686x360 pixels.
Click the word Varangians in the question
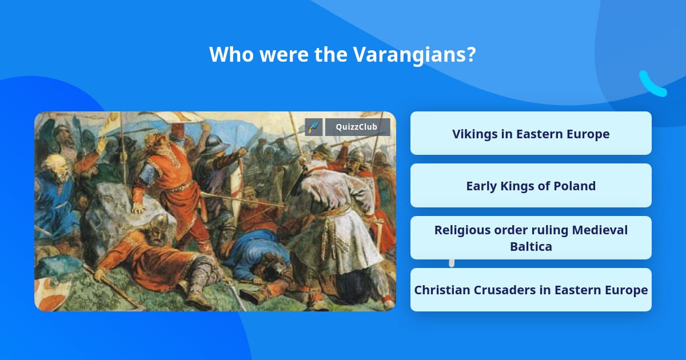[414, 55]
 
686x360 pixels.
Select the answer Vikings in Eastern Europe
[531, 134]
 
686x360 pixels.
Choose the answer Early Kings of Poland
[531, 186]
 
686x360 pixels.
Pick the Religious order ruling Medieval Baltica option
[531, 238]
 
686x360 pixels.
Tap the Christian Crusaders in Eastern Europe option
[531, 290]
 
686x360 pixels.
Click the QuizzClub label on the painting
[357, 127]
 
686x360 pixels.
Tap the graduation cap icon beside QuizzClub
[314, 127]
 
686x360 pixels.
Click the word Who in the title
[231, 54]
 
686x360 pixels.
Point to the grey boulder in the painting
[122, 214]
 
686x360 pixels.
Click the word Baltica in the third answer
[531, 246]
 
